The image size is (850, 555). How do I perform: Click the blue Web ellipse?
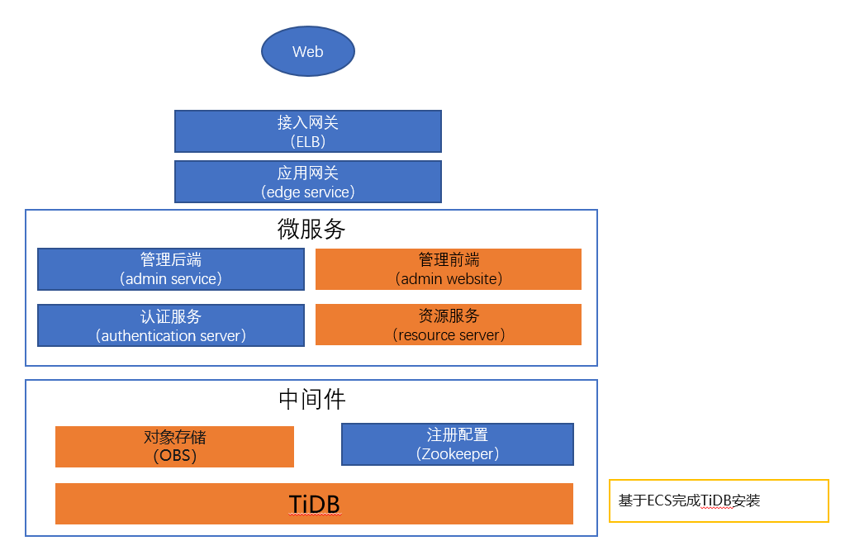(x=308, y=51)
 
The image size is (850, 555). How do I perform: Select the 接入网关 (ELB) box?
(x=308, y=131)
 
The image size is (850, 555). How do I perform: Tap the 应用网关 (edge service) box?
(x=308, y=182)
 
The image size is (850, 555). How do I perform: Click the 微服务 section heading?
(x=311, y=229)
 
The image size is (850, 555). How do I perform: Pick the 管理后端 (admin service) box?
(x=171, y=269)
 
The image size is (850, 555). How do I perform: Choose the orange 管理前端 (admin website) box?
(x=449, y=269)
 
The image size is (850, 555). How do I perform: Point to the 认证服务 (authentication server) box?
(x=171, y=325)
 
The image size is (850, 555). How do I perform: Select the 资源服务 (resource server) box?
(x=449, y=325)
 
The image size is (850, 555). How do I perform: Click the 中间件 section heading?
(x=311, y=400)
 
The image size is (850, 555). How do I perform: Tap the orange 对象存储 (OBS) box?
(x=174, y=447)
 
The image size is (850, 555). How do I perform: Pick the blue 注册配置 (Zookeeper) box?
(x=458, y=444)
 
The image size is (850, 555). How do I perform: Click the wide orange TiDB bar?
(x=315, y=504)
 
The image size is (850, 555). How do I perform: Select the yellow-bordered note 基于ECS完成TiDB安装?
(x=719, y=500)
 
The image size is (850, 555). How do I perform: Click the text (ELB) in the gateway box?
(x=308, y=141)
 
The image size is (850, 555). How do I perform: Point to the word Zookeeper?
(x=458, y=453)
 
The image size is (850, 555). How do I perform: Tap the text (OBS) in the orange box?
(x=174, y=455)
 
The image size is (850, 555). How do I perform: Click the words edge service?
(x=308, y=192)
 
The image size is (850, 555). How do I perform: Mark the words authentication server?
(x=171, y=335)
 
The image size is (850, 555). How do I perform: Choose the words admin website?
(x=449, y=278)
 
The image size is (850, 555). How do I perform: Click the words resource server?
(x=449, y=335)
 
